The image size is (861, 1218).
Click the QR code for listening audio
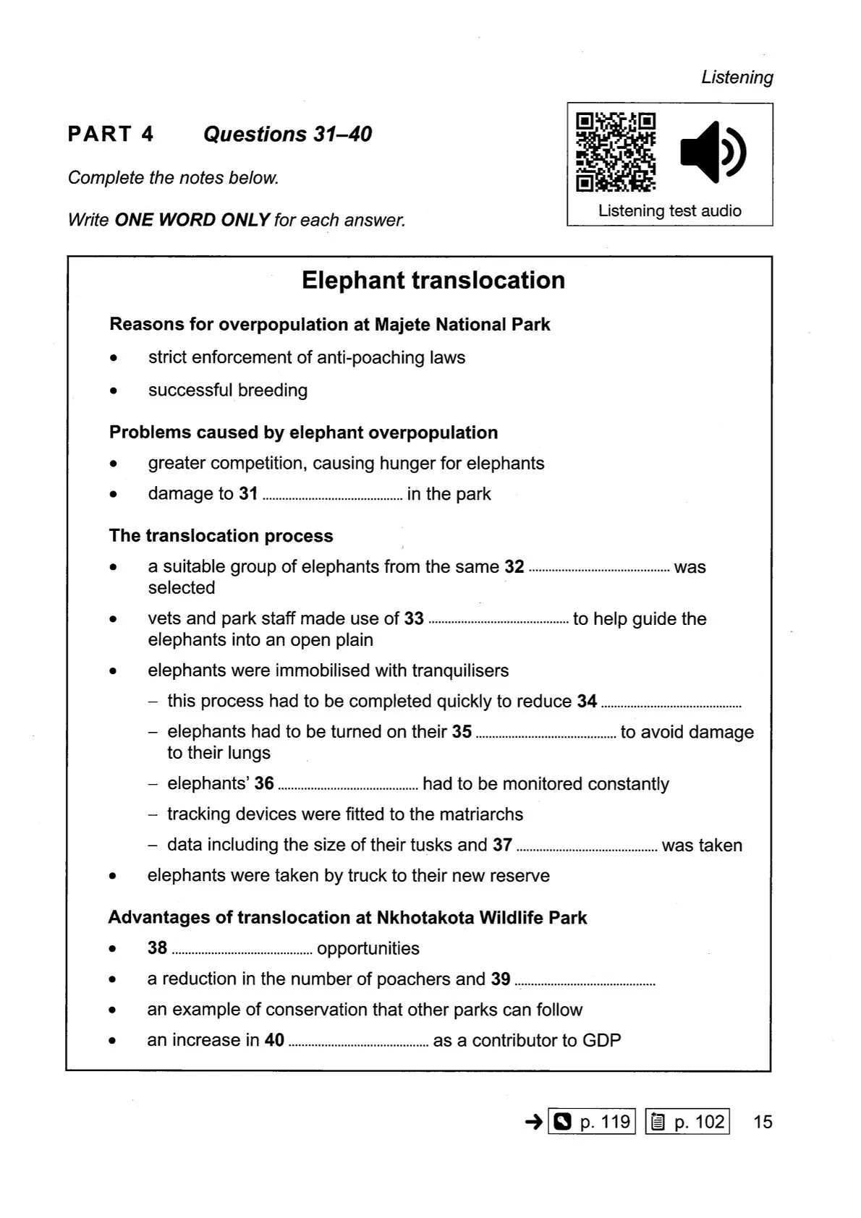[x=616, y=152]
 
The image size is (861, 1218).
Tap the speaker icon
[x=713, y=152]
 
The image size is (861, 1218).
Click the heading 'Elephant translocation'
[x=433, y=281]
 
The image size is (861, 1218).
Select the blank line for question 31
[x=332, y=496]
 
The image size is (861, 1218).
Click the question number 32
[x=514, y=567]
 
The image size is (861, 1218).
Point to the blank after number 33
[x=499, y=621]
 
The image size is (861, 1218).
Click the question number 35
[x=462, y=732]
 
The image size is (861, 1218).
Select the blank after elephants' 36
[x=348, y=786]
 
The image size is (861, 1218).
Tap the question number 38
[x=158, y=948]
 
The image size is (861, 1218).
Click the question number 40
[x=274, y=1040]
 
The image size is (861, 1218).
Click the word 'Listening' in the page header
[x=737, y=77]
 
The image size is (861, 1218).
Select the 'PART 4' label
[x=111, y=135]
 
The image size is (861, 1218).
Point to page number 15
[x=763, y=1122]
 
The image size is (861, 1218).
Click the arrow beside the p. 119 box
[x=533, y=1122]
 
